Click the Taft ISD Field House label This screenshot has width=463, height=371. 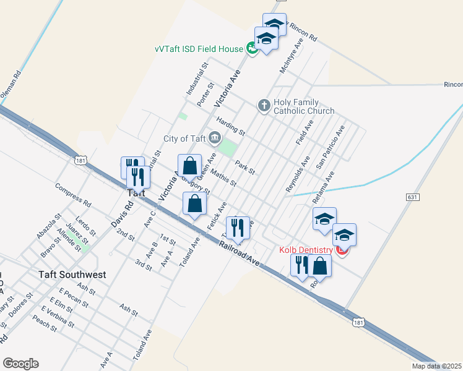[202, 48]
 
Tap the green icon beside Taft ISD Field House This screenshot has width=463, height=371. [252, 48]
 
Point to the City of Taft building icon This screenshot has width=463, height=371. [214, 137]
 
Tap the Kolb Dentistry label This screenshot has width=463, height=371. [306, 250]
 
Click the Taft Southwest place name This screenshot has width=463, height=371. [72, 275]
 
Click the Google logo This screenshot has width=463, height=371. [20, 364]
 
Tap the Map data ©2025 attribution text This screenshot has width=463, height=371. [436, 366]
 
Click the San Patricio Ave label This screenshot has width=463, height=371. [330, 147]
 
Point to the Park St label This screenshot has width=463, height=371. [245, 167]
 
